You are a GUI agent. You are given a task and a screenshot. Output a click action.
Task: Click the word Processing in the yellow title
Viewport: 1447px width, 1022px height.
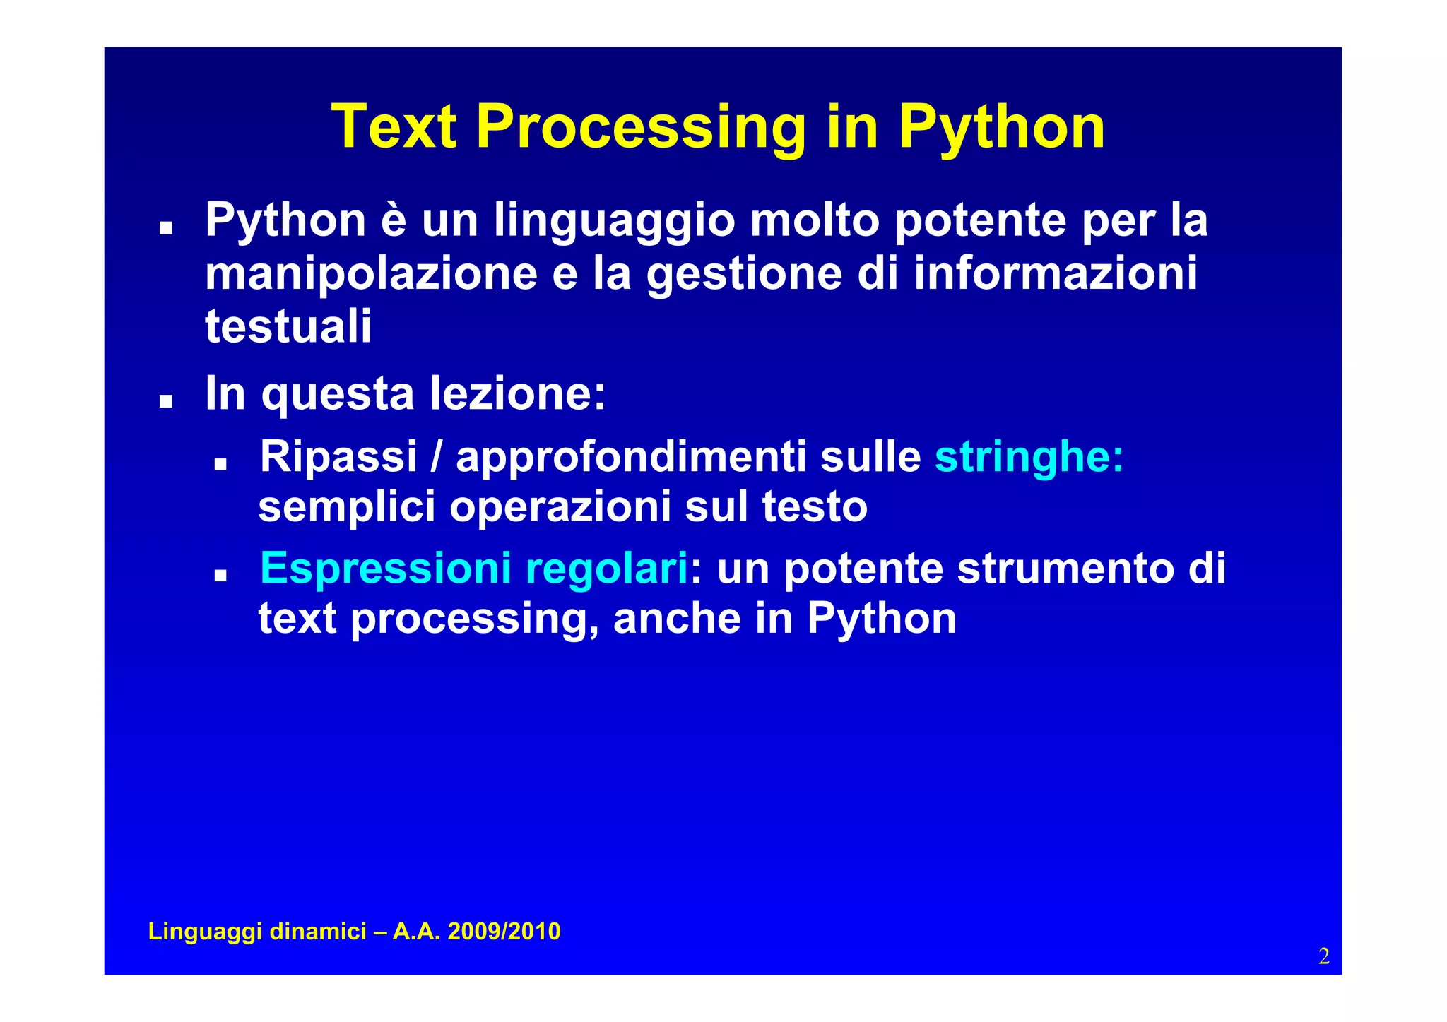click(641, 128)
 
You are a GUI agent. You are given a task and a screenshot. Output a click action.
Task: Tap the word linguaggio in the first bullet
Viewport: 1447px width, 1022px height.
click(615, 221)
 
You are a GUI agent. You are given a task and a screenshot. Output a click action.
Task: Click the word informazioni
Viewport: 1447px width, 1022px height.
click(1056, 274)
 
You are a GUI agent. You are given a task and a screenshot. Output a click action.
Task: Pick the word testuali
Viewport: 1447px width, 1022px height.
click(288, 326)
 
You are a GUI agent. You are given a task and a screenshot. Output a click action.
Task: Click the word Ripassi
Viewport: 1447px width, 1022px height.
click(338, 457)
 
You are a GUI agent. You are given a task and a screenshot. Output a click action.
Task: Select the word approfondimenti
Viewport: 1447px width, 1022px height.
click(630, 458)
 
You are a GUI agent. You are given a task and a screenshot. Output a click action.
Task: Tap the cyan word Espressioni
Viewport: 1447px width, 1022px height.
click(385, 568)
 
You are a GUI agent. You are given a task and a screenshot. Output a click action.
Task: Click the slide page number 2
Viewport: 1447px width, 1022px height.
click(1323, 956)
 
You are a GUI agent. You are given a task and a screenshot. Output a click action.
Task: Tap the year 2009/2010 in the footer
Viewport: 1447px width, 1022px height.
click(504, 932)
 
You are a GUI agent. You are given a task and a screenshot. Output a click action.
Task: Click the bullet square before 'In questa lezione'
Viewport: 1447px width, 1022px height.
click(166, 402)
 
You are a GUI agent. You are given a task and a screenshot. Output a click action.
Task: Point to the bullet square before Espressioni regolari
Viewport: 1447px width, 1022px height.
click(220, 576)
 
